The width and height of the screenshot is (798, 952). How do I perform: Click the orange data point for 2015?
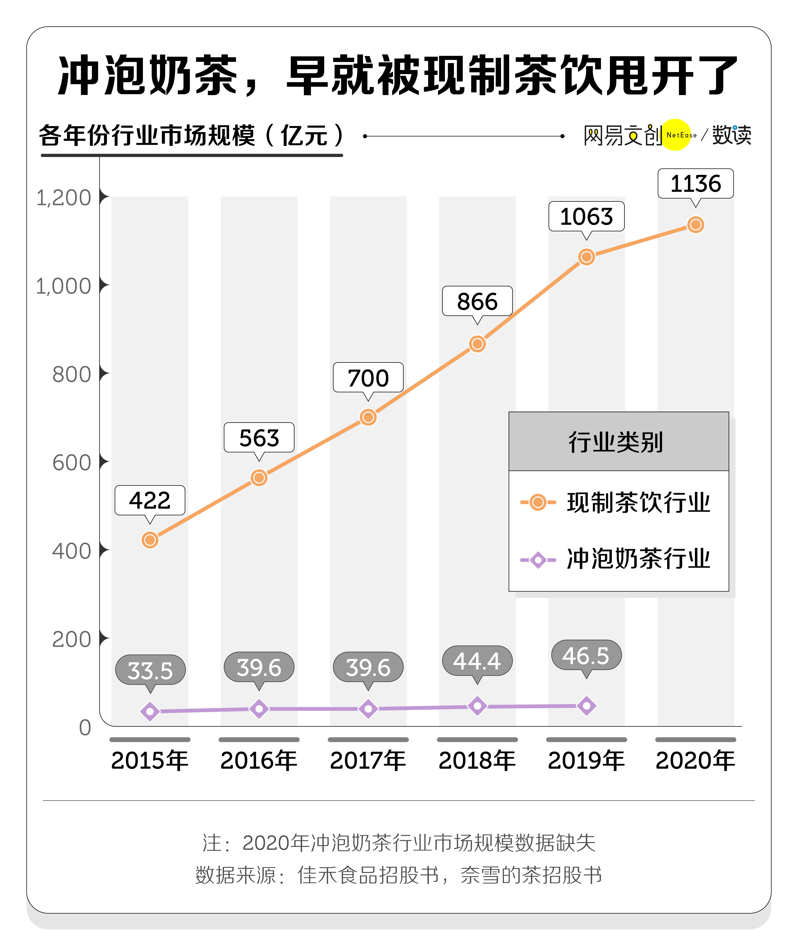pos(150,540)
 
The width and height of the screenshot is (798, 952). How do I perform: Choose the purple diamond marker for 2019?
pos(586,706)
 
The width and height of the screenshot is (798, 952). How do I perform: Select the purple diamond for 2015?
pos(150,711)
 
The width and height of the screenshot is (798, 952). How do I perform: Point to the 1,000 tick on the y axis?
pos(63,286)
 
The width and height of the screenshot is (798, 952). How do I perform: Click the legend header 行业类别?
pos(616,442)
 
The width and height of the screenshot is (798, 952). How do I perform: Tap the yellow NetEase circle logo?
pos(676,135)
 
